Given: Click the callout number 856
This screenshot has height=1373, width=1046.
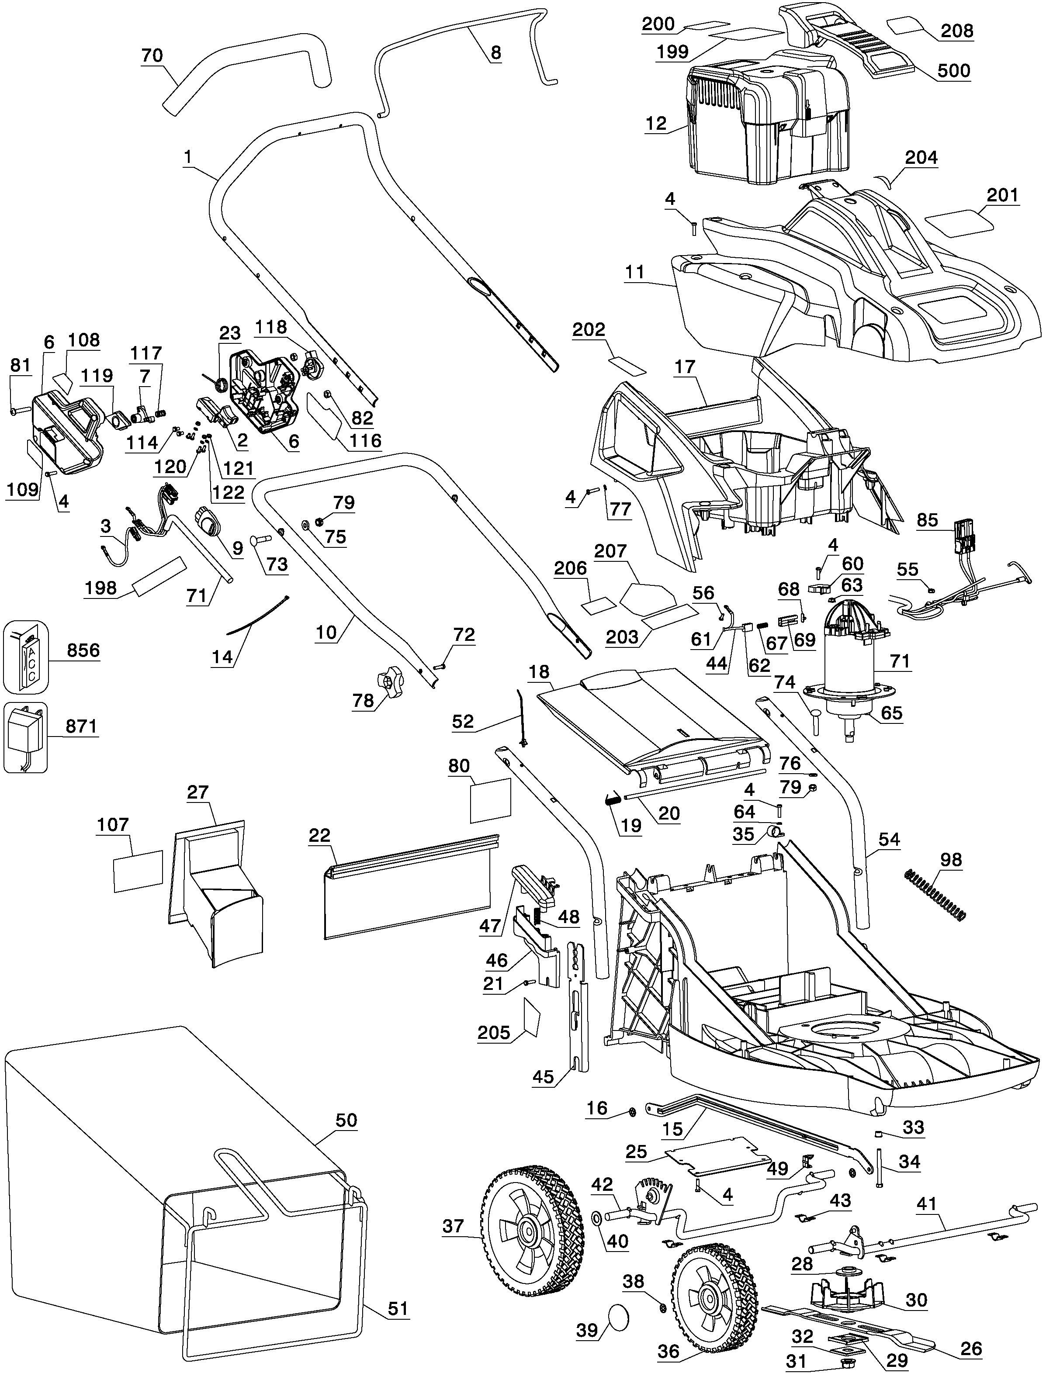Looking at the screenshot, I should [x=83, y=650].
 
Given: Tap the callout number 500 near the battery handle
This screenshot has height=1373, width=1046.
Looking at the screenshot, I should [x=954, y=70].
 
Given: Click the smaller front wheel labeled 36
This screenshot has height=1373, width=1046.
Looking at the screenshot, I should [x=713, y=1298].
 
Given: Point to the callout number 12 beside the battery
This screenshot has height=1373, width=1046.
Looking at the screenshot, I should [x=656, y=123].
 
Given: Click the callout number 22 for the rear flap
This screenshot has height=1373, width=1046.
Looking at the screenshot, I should [x=319, y=835].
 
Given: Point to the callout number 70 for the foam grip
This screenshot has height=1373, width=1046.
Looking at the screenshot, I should [x=152, y=55].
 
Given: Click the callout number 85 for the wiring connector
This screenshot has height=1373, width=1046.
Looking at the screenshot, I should [x=927, y=520].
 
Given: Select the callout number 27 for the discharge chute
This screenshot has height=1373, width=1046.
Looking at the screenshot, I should [x=197, y=792].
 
